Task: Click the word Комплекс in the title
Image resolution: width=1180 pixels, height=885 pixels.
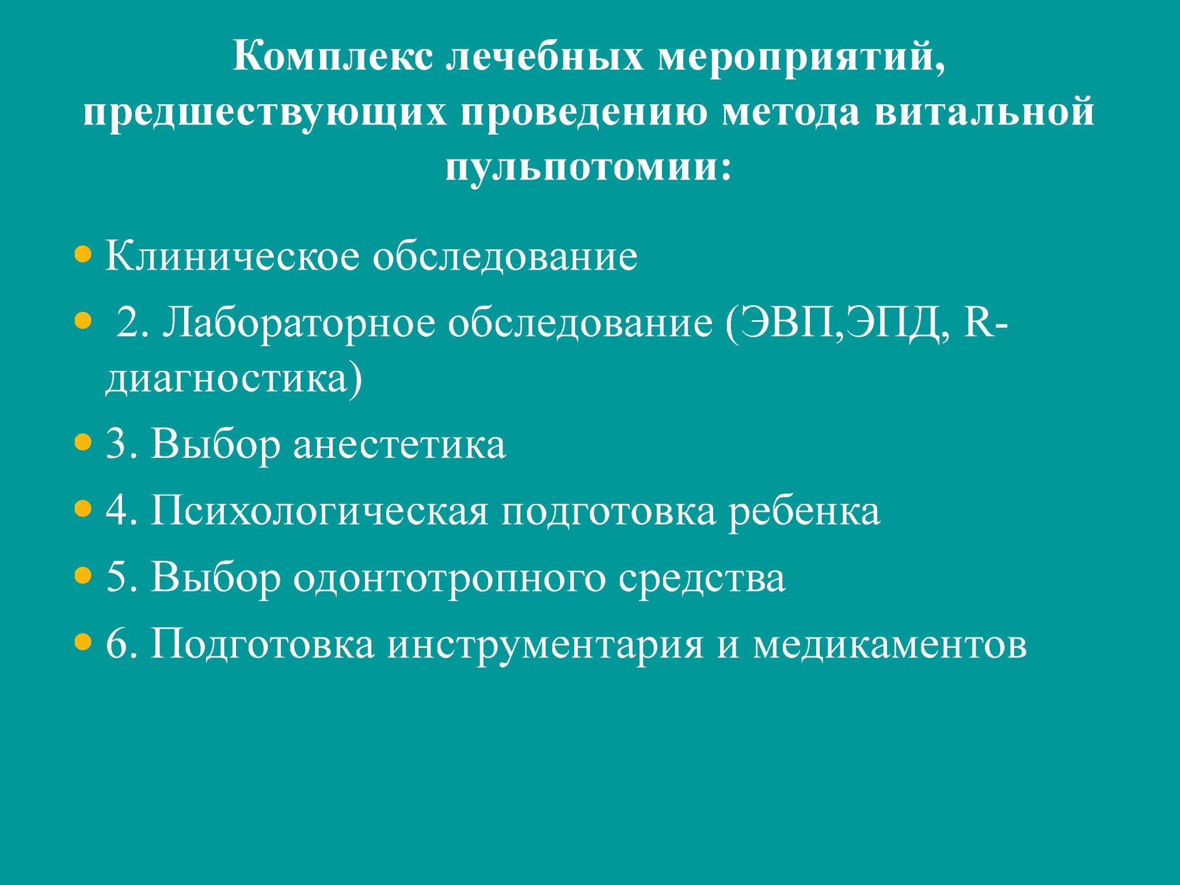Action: [x=333, y=56]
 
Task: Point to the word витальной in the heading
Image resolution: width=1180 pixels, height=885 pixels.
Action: [x=984, y=112]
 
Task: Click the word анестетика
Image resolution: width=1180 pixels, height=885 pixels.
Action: [x=399, y=445]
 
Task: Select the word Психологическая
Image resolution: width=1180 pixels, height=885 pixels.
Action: [x=319, y=511]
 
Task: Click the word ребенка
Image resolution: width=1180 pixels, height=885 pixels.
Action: [x=804, y=512]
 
